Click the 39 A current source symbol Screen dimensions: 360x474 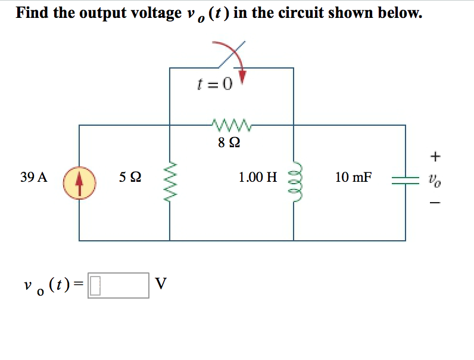tap(80, 182)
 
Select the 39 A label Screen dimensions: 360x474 tap(33, 177)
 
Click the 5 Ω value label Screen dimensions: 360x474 tap(130, 177)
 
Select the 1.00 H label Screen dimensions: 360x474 tap(257, 177)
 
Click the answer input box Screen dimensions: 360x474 tap(118, 285)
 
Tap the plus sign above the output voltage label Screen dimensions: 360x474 tap(436, 156)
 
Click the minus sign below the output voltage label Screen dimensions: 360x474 tap(436, 204)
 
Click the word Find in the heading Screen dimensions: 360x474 tap(33, 13)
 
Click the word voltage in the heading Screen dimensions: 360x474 tap(152, 13)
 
